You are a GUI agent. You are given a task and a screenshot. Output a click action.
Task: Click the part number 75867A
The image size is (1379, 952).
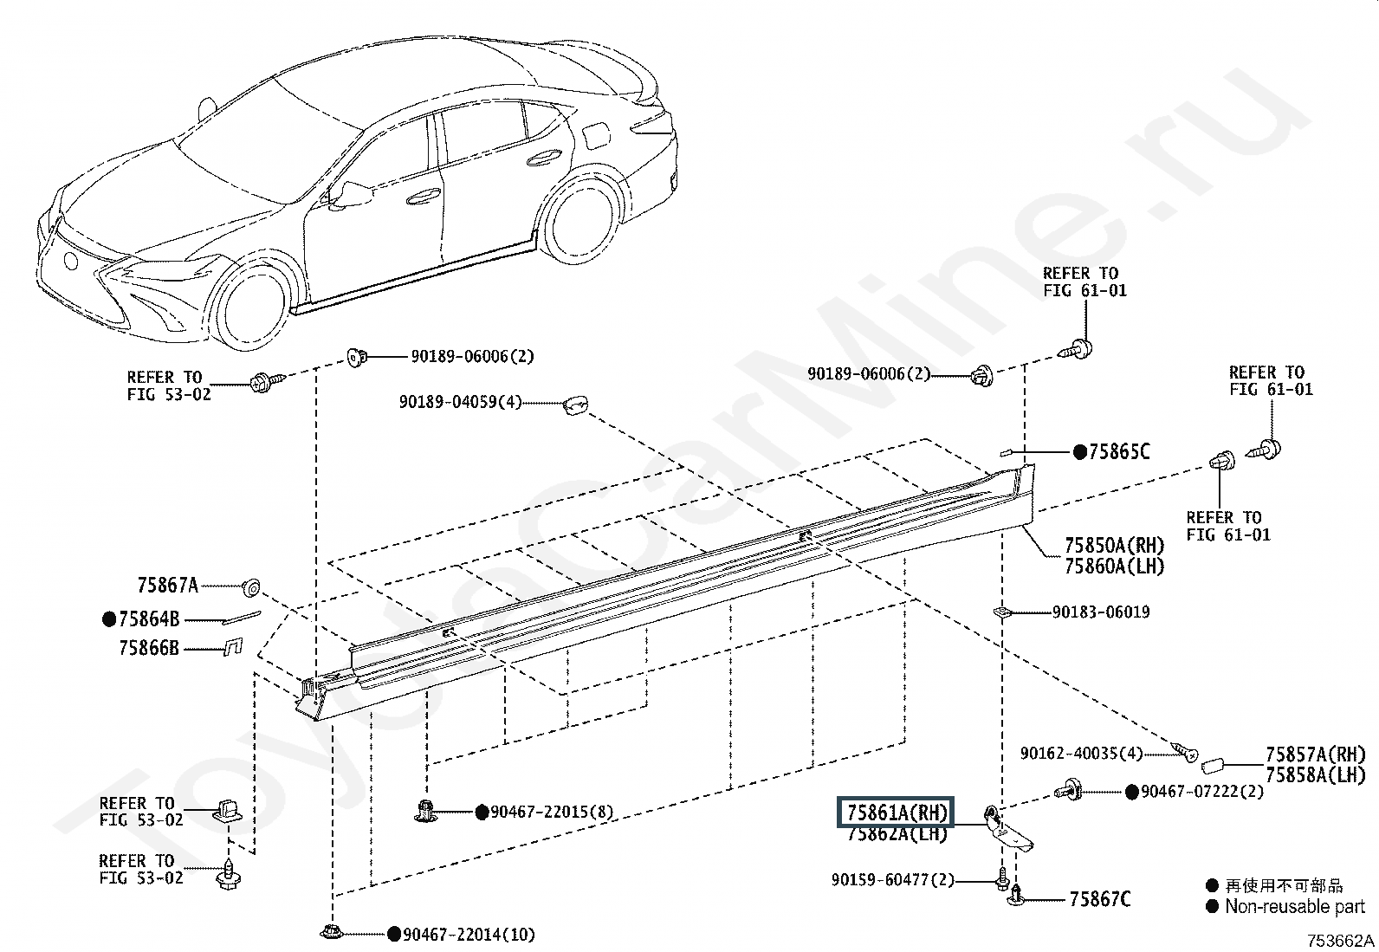[x=167, y=586]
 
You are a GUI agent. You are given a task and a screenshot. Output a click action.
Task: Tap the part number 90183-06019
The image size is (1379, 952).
[x=1101, y=612]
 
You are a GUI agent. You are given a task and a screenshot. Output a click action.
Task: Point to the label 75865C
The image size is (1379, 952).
[x=1119, y=451]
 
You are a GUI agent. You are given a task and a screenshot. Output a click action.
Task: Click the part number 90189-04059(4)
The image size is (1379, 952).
[x=460, y=403]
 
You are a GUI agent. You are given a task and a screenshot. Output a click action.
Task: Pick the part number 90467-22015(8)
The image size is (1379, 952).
[x=552, y=812]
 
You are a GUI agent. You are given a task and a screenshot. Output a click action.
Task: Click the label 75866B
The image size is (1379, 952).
[x=149, y=648]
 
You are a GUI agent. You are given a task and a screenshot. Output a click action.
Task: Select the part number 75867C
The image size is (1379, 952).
[x=1099, y=899]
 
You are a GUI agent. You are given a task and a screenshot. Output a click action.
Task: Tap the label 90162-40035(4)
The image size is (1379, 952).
[x=1081, y=754]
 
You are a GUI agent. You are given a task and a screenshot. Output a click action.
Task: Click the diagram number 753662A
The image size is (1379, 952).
[x=1340, y=941]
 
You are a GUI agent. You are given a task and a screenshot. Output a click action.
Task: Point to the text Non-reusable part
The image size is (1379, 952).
[x=1294, y=907]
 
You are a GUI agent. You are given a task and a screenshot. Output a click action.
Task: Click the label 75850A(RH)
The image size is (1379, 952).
[x=1114, y=546]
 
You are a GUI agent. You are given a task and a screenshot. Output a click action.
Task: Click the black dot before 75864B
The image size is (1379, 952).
[x=109, y=618]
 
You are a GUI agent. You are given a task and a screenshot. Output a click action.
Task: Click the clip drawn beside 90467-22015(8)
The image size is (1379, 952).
[x=425, y=811]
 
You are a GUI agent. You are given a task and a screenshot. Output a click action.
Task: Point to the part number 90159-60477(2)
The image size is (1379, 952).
[x=892, y=880]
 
